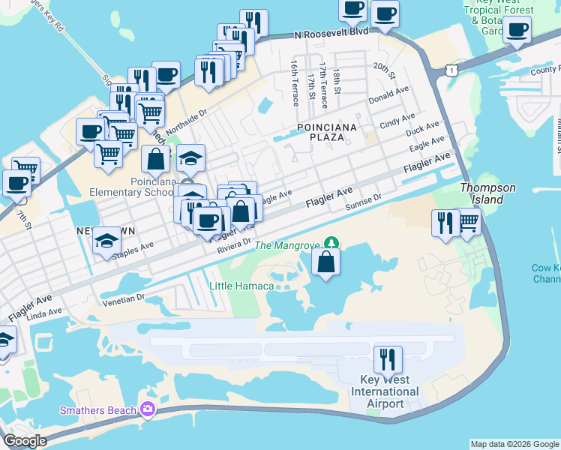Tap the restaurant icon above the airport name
(388, 359)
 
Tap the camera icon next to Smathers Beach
(148, 409)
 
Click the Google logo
(24, 441)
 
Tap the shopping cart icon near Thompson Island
(468, 221)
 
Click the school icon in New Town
(106, 241)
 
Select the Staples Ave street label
(132, 250)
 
